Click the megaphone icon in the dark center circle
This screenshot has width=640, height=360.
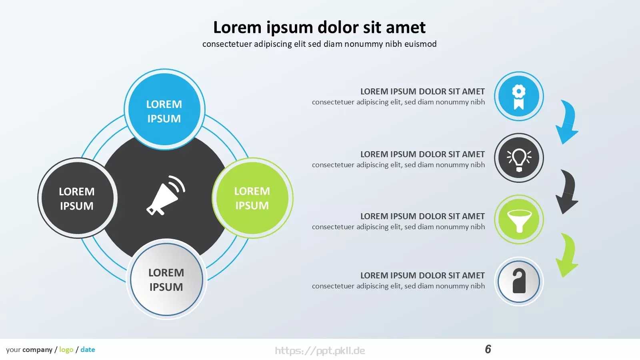click(x=166, y=196)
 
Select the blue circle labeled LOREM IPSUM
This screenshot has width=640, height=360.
click(x=164, y=110)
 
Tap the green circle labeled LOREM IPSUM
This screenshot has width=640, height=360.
click(x=252, y=198)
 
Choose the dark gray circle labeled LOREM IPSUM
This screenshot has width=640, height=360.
click(x=78, y=198)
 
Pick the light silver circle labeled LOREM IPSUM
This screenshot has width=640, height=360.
click(x=166, y=279)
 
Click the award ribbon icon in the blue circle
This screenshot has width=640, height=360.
click(x=518, y=97)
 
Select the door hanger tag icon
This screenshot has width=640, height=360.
click(x=519, y=281)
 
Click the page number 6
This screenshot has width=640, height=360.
click(x=488, y=349)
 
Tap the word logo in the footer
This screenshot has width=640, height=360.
click(x=66, y=350)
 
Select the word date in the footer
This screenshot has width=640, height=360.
click(x=88, y=350)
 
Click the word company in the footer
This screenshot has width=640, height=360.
click(x=38, y=350)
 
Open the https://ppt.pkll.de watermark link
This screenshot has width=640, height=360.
click(x=320, y=350)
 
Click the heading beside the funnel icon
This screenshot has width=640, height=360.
click(x=422, y=216)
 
